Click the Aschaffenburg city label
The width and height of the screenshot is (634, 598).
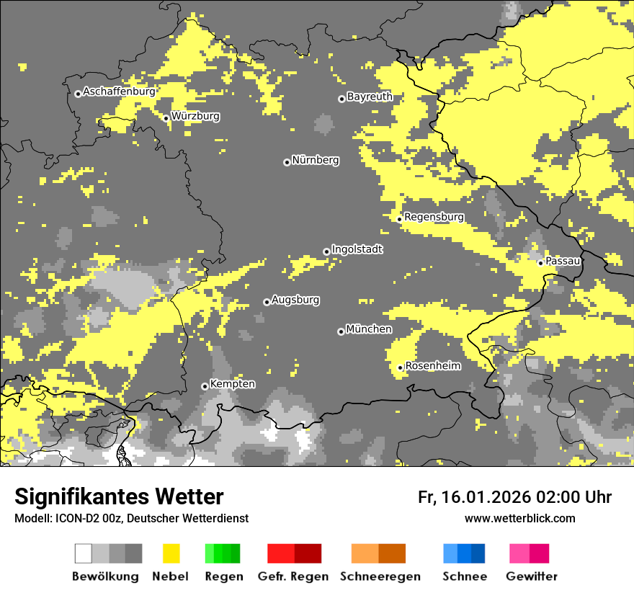[x=119, y=92]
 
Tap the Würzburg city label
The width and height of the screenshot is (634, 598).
[x=195, y=116]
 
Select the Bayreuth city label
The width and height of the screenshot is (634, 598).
[x=370, y=97]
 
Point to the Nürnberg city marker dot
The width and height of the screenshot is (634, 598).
[x=287, y=162]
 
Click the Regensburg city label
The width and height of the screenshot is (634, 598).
[x=434, y=217]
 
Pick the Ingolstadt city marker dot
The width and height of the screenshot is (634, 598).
[x=326, y=251]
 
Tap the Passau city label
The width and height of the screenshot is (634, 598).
[x=563, y=261]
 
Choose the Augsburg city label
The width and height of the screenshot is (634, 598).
[x=295, y=300]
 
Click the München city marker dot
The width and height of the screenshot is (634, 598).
[x=341, y=331]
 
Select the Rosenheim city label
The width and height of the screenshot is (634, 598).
[x=433, y=366]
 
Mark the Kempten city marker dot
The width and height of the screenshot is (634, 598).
[x=205, y=386]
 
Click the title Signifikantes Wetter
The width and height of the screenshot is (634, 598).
[x=119, y=497]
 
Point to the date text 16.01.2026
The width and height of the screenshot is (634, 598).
[x=484, y=497]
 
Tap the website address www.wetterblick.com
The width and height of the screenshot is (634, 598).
[x=519, y=518]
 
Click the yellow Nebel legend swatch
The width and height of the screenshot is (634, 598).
[x=171, y=553]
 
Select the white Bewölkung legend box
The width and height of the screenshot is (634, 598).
[x=83, y=553]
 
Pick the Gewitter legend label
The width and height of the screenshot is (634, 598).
[x=531, y=576]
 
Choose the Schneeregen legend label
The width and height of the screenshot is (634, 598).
[x=380, y=576]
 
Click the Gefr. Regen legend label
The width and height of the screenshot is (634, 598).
[x=293, y=576]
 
